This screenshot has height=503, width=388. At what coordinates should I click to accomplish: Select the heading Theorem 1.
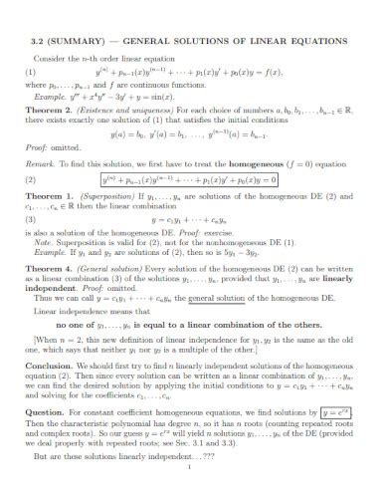coord(49,197)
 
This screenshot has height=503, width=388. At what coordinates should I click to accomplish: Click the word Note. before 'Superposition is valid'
coord(45,241)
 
